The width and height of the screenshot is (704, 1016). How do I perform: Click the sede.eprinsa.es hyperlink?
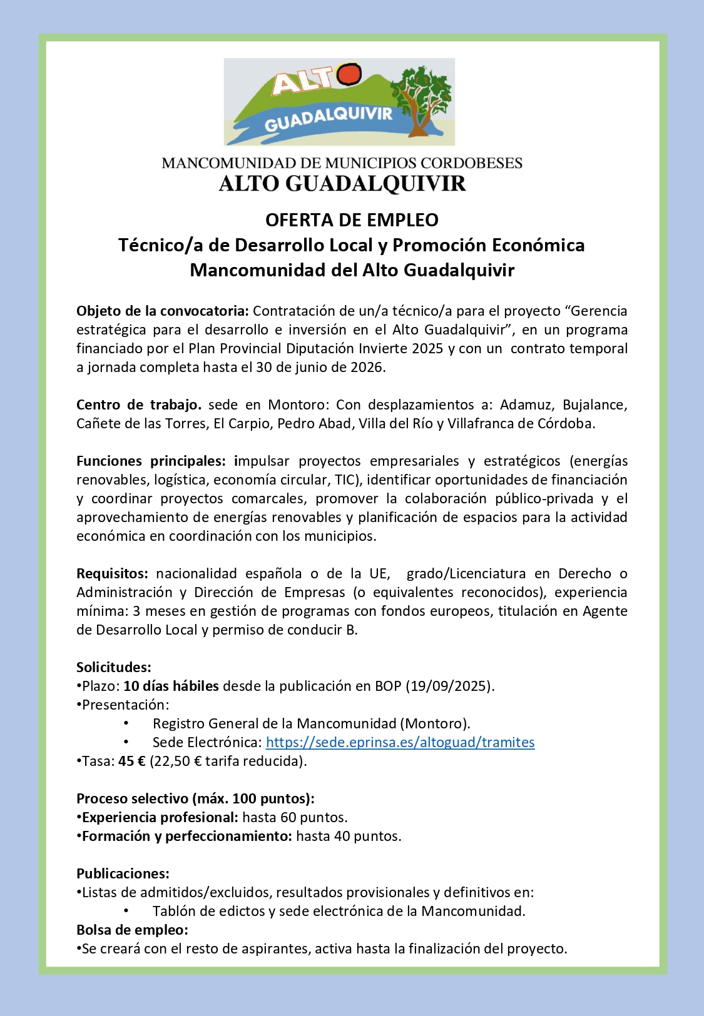tap(400, 742)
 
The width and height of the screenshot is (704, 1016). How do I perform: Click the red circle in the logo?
tap(349, 74)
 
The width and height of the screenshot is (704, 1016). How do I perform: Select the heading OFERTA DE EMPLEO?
tap(352, 220)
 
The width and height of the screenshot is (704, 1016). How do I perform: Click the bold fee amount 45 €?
tap(131, 761)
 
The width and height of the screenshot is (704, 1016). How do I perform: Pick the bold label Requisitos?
tap(112, 573)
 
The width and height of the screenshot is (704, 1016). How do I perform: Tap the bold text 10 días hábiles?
tap(171, 686)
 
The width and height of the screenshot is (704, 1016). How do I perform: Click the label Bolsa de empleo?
tap(132, 930)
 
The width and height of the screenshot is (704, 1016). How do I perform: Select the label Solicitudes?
tap(114, 667)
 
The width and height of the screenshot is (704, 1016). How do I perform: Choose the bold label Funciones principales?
tap(151, 461)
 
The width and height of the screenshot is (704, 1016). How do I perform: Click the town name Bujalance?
tap(594, 405)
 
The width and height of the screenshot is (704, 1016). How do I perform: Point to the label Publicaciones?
tap(123, 873)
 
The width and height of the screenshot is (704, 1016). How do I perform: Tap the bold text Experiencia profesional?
tap(160, 817)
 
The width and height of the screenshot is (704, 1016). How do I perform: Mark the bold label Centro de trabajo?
tap(139, 405)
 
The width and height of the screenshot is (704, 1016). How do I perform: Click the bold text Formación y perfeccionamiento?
tap(186, 836)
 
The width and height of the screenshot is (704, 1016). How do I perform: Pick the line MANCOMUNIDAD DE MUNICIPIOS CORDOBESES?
tap(342, 163)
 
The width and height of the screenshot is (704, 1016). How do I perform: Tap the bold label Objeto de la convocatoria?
tap(163, 311)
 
